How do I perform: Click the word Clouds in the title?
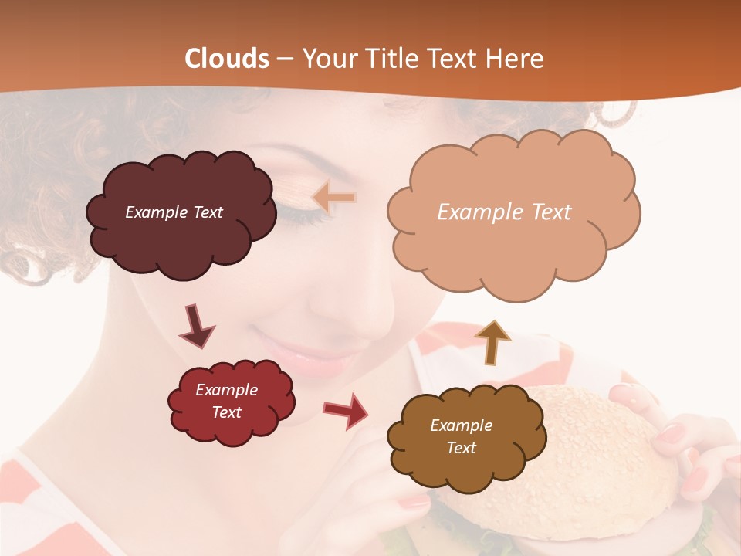[x=227, y=59]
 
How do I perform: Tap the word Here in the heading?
[x=516, y=59]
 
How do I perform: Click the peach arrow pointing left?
[x=333, y=198]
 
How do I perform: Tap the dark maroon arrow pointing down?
[x=196, y=326]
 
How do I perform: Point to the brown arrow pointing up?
[x=493, y=343]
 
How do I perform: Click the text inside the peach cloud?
[x=504, y=212]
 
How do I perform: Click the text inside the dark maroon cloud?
[x=174, y=212]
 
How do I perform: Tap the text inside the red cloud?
[x=227, y=401]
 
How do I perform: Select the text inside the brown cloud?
[x=461, y=436]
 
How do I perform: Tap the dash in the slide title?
[x=284, y=59]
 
